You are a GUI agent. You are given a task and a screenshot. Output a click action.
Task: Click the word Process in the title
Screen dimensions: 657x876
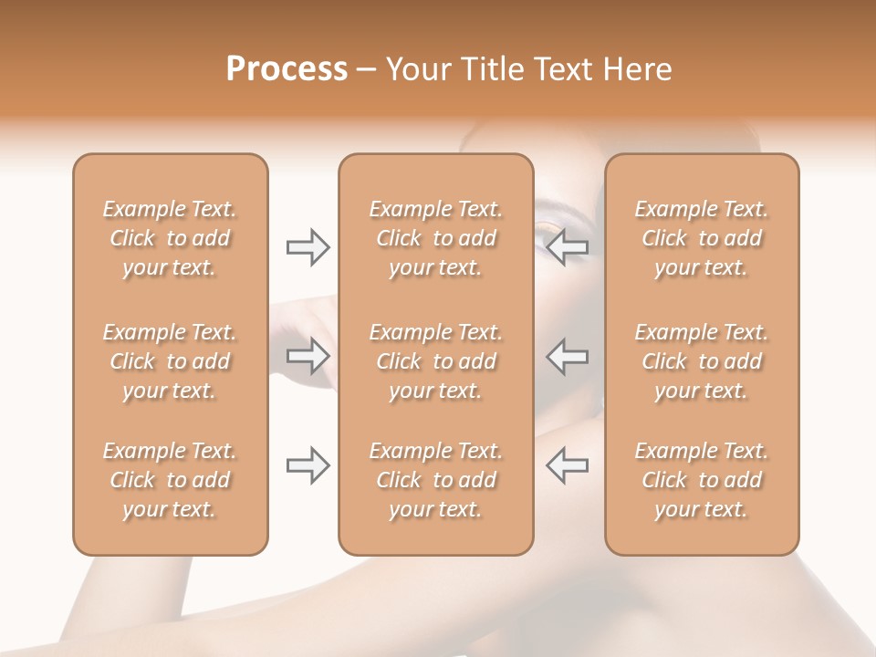287,69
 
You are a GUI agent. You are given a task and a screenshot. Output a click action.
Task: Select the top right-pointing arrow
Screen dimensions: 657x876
308,247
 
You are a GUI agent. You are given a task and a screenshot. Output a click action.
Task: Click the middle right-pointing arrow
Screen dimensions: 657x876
308,356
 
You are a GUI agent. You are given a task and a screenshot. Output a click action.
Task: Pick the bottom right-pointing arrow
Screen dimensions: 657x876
308,465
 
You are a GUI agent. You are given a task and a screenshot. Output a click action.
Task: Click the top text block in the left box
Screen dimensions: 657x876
170,238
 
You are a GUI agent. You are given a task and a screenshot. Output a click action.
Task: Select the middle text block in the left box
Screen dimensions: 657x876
170,361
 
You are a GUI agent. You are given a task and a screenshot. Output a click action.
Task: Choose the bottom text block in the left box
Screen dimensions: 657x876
170,480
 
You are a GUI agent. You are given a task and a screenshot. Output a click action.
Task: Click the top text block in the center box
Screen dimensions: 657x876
436,238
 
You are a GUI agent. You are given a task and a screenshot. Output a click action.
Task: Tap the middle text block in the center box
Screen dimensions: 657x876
436,361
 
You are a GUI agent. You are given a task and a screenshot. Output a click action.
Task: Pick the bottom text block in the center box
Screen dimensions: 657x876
436,480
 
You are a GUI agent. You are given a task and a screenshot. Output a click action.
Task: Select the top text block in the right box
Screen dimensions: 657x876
702,238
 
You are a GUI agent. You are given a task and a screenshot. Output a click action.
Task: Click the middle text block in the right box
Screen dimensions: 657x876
702,361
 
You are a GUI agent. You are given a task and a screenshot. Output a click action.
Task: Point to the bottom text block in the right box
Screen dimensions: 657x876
702,480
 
